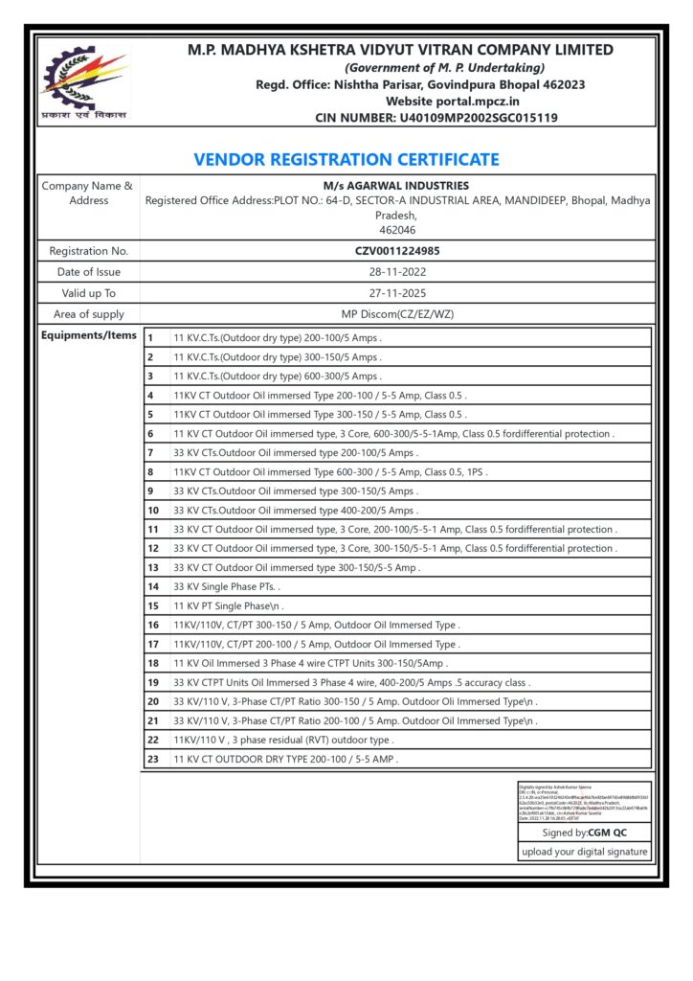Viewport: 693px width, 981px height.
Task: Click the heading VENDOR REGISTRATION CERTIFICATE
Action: click(x=346, y=160)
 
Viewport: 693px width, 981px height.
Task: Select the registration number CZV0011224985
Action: click(x=397, y=251)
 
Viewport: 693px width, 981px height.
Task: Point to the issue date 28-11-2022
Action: click(x=397, y=272)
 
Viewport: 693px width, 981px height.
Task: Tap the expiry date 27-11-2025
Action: click(x=397, y=293)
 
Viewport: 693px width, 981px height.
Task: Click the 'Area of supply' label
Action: click(x=88, y=314)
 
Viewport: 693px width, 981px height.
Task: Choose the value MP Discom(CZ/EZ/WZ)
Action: click(x=397, y=314)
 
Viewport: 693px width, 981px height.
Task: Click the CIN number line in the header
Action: click(x=436, y=118)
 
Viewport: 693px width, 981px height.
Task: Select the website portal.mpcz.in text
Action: click(x=453, y=101)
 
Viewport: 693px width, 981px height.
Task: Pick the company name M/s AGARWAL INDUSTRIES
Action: click(x=397, y=185)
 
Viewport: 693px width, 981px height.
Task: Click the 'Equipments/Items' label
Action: click(x=88, y=335)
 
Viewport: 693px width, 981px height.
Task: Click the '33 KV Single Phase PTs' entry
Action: click(x=227, y=586)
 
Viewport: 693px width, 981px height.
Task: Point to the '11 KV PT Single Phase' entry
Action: click(x=229, y=605)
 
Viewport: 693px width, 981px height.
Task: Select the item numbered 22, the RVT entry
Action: click(x=283, y=740)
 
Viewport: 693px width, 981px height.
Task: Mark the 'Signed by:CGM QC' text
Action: click(x=584, y=833)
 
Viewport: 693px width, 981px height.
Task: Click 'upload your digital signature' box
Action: click(x=584, y=852)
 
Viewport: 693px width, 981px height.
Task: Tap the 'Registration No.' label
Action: click(x=88, y=251)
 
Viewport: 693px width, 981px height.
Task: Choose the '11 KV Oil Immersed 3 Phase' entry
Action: click(x=310, y=663)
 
